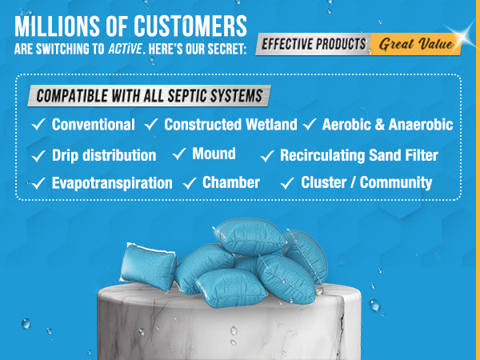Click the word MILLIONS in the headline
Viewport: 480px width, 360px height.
pyautogui.click(x=58, y=26)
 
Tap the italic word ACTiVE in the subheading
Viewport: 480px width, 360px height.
pyautogui.click(x=125, y=49)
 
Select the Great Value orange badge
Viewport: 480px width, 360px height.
pyautogui.click(x=416, y=44)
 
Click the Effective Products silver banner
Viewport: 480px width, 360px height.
pyautogui.click(x=314, y=44)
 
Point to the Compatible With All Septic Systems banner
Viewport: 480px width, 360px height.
pyautogui.click(x=149, y=95)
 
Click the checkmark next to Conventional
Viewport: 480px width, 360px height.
pyautogui.click(x=38, y=124)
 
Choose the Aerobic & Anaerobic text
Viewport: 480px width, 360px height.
pyautogui.click(x=387, y=124)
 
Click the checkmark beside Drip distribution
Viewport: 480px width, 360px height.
pyautogui.click(x=38, y=155)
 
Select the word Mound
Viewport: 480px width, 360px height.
pyautogui.click(x=214, y=154)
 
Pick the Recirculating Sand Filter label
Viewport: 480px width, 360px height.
pyautogui.click(x=359, y=155)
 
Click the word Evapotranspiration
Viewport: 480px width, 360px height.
pyautogui.click(x=112, y=183)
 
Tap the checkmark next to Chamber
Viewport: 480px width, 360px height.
pyautogui.click(x=190, y=183)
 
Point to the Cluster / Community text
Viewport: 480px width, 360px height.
pyautogui.click(x=366, y=182)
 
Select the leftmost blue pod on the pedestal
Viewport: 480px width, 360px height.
pyautogui.click(x=149, y=267)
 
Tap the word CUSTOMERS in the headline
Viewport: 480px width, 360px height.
pyautogui.click(x=190, y=26)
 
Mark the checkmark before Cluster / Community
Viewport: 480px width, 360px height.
pyautogui.click(x=287, y=183)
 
